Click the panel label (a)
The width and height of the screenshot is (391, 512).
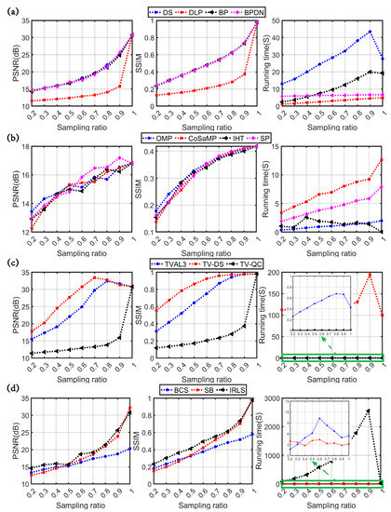click(9, 8)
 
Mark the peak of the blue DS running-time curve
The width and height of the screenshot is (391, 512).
click(370, 31)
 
